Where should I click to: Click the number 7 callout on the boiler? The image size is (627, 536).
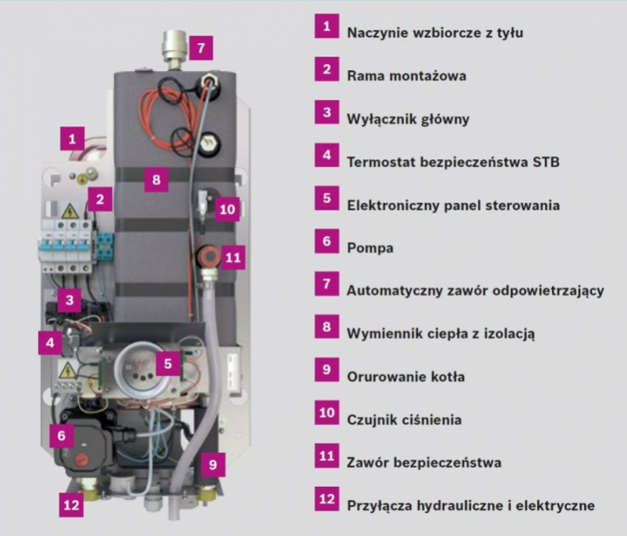tap(201, 48)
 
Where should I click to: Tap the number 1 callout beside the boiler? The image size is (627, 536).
tap(72, 139)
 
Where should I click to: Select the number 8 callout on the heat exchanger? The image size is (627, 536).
tap(156, 180)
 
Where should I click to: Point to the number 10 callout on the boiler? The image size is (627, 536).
tap(227, 209)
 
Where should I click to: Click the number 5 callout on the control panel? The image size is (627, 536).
tap(168, 364)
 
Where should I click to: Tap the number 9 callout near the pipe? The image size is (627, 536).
tap(213, 464)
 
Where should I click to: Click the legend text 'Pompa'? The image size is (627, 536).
tap(370, 248)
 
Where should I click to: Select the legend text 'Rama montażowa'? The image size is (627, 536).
tap(406, 76)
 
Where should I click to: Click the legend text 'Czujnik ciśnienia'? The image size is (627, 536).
tap(405, 420)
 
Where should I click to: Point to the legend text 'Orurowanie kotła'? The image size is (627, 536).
tap(406, 377)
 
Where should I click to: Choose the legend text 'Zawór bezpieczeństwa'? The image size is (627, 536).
tap(424, 463)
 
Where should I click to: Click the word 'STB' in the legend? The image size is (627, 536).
tap(546, 162)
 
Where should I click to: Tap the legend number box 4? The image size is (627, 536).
tap(327, 155)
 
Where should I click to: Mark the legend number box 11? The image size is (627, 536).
tap(327, 456)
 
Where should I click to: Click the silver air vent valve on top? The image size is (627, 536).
tap(175, 49)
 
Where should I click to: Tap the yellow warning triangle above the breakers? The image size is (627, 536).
tap(70, 211)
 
